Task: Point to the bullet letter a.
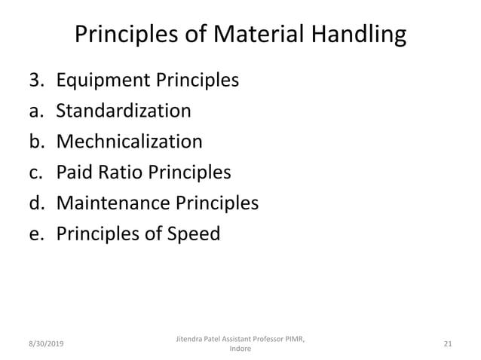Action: [35, 111]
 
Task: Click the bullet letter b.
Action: [35, 142]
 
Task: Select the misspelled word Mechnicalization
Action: [130, 142]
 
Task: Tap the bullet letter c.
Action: [35, 172]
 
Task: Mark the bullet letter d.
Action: [35, 203]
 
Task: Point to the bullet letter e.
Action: [35, 234]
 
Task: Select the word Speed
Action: [195, 234]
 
